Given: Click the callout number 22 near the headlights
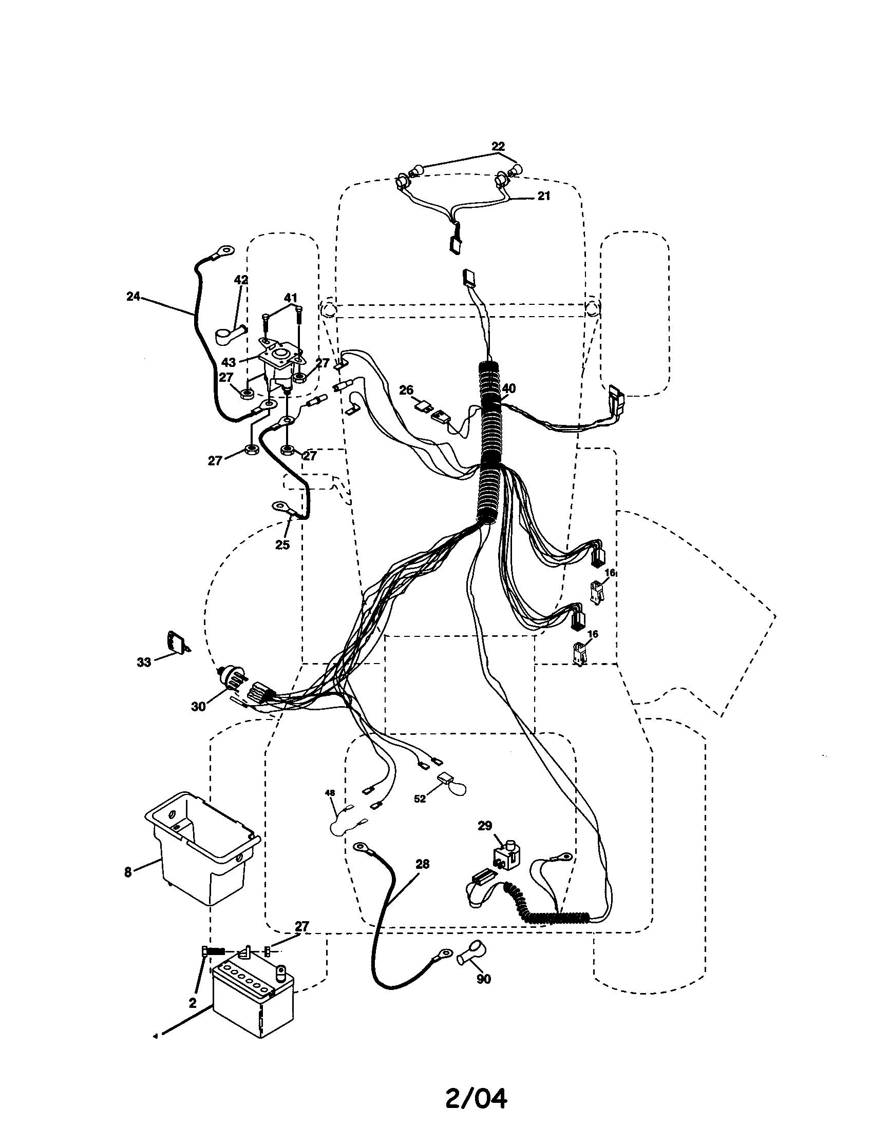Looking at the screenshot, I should (x=498, y=146).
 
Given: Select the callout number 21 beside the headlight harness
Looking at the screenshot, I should (x=543, y=197).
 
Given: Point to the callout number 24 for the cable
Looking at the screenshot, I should (x=133, y=296).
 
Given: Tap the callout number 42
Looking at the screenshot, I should (x=241, y=280).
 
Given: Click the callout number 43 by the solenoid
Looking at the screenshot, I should (x=228, y=362).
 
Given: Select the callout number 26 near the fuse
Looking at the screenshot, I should (x=407, y=391).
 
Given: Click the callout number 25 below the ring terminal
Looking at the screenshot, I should (x=282, y=544).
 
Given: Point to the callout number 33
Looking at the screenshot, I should (x=144, y=661).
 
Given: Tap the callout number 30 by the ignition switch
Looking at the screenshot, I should (x=198, y=707).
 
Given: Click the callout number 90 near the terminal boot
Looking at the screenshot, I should (x=483, y=979).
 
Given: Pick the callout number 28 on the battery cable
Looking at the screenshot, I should (x=423, y=864).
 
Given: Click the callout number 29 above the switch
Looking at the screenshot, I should (x=485, y=826).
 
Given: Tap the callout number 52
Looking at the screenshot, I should (x=420, y=799).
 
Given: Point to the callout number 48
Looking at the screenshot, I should (x=330, y=792).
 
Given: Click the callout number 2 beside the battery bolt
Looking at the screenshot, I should (x=193, y=1003).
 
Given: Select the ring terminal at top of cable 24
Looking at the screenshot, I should (x=225, y=251).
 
